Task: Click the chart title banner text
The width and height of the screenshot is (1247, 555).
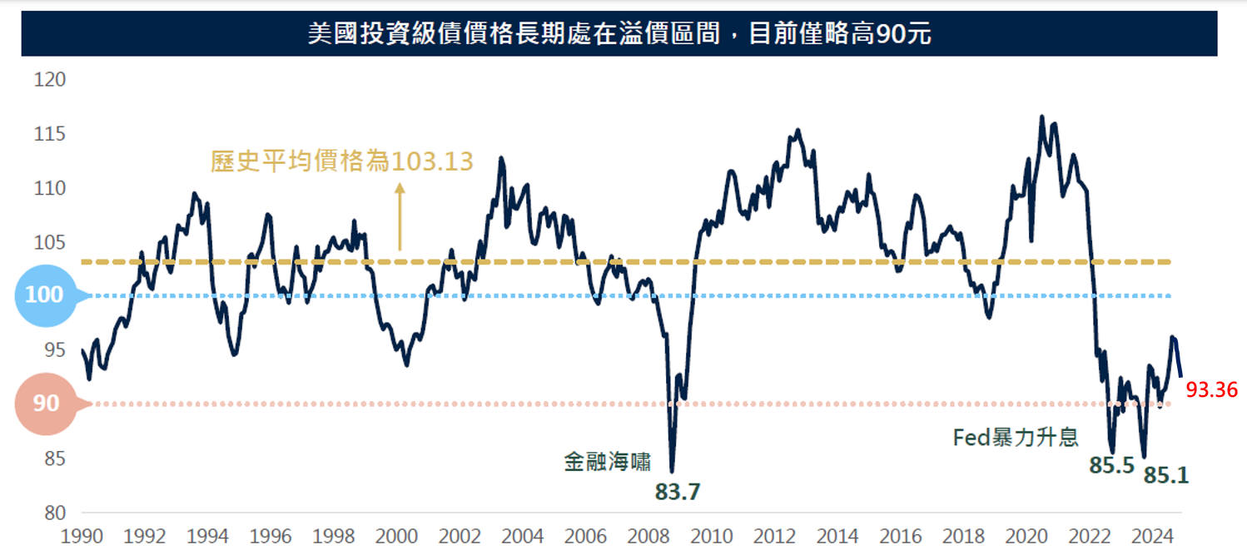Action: pos(619,34)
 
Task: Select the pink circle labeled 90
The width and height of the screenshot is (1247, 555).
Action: pos(47,404)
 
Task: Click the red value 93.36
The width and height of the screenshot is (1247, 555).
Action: pos(1211,389)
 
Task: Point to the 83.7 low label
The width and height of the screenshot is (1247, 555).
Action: pos(677,493)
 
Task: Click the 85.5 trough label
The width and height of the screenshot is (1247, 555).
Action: pos(1111,465)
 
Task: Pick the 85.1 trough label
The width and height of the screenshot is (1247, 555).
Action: pos(1166,476)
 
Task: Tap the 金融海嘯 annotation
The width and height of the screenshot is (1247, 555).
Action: pos(607,462)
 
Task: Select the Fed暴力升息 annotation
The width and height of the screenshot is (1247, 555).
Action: pos(1016,437)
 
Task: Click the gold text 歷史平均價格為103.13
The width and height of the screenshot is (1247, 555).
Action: pos(342,161)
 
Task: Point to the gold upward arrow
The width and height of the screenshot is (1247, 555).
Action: pos(400,216)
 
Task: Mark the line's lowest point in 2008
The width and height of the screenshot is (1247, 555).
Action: pos(672,472)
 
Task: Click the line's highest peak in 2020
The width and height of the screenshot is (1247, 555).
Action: pos(1041,116)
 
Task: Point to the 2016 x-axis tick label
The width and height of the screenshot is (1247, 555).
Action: pos(877,536)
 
